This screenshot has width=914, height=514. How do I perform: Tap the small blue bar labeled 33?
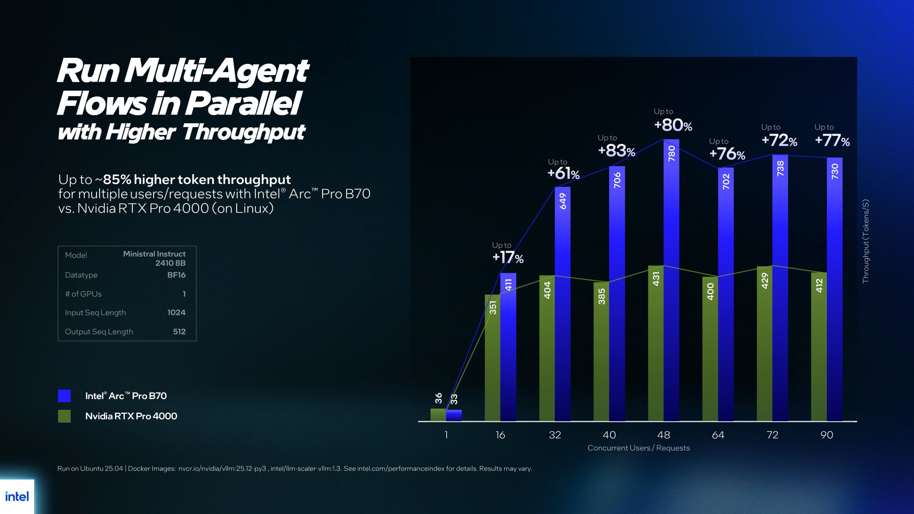coord(454,415)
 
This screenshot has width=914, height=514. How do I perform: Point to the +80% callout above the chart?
coord(673,125)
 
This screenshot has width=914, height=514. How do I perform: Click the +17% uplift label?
coord(508,257)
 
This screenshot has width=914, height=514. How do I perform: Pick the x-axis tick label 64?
coord(718,435)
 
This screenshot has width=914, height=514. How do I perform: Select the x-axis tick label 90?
coord(827,435)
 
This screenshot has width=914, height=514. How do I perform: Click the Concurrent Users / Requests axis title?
coord(638,448)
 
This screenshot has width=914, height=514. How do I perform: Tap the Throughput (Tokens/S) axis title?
coord(865,241)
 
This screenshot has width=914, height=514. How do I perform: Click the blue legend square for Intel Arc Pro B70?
coord(64,395)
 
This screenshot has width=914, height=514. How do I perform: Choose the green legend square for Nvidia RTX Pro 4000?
coord(64,416)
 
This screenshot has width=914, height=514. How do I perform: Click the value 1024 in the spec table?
coord(176,312)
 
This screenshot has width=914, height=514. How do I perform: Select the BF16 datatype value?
coord(176,275)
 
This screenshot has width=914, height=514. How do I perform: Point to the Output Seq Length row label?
coord(99,332)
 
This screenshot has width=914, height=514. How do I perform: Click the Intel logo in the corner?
coord(17,497)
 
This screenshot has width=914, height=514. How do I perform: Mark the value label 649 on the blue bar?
coord(563,201)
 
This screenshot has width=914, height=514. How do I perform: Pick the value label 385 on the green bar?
coord(602,296)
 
